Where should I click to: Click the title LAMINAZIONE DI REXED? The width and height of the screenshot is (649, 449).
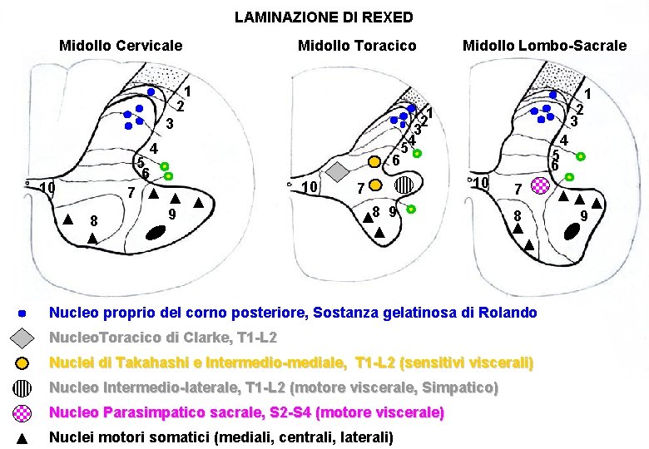coord(324,17)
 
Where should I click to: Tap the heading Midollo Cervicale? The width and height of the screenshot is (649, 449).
coord(121,45)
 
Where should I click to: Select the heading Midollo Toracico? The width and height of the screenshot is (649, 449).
coord(357,45)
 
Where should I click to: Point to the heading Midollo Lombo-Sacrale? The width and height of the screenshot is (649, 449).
coord(544,45)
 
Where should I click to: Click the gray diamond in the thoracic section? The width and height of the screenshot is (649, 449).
coord(337,171)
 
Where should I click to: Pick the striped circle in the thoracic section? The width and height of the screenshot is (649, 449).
coord(404,185)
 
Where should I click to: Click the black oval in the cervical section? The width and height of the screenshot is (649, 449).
coord(154,235)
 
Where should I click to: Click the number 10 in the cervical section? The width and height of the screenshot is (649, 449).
coord(47,188)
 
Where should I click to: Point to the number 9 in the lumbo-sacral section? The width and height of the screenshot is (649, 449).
coord(584,216)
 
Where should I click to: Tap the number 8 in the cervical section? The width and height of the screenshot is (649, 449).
coord(94,221)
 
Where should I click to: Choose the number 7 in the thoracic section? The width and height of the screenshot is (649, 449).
coord(359,188)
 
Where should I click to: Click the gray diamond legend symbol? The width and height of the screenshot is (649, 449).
coord(23,338)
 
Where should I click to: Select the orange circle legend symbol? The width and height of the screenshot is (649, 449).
coord(23,363)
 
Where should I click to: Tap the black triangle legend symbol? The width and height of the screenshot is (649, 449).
coord(23,438)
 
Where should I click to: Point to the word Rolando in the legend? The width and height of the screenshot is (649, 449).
coord(509,313)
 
